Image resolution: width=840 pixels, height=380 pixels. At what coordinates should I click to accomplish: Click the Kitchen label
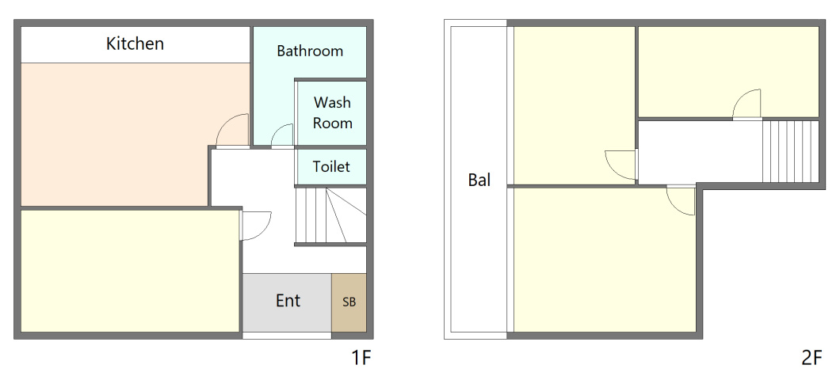135,44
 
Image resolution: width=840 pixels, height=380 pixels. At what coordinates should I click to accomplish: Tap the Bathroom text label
310,51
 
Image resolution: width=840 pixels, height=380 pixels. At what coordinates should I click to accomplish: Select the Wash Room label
333,112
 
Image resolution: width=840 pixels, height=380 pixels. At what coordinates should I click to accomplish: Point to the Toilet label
331,166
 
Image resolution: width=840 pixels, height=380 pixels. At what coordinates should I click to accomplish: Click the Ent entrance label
288,301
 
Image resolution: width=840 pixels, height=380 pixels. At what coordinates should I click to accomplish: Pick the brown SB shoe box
349,303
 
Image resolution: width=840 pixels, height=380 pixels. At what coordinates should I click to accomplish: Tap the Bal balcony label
479,180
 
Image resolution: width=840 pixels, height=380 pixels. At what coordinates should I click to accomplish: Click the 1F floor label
361,358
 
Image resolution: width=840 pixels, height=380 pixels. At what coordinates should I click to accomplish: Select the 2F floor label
811,358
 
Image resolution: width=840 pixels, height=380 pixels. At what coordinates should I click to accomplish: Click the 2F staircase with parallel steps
790,151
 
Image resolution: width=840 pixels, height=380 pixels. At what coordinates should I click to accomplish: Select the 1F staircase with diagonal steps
330,215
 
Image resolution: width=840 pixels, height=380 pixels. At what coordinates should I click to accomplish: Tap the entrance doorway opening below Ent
287,336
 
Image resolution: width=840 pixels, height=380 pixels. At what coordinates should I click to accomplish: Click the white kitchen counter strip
135,44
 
